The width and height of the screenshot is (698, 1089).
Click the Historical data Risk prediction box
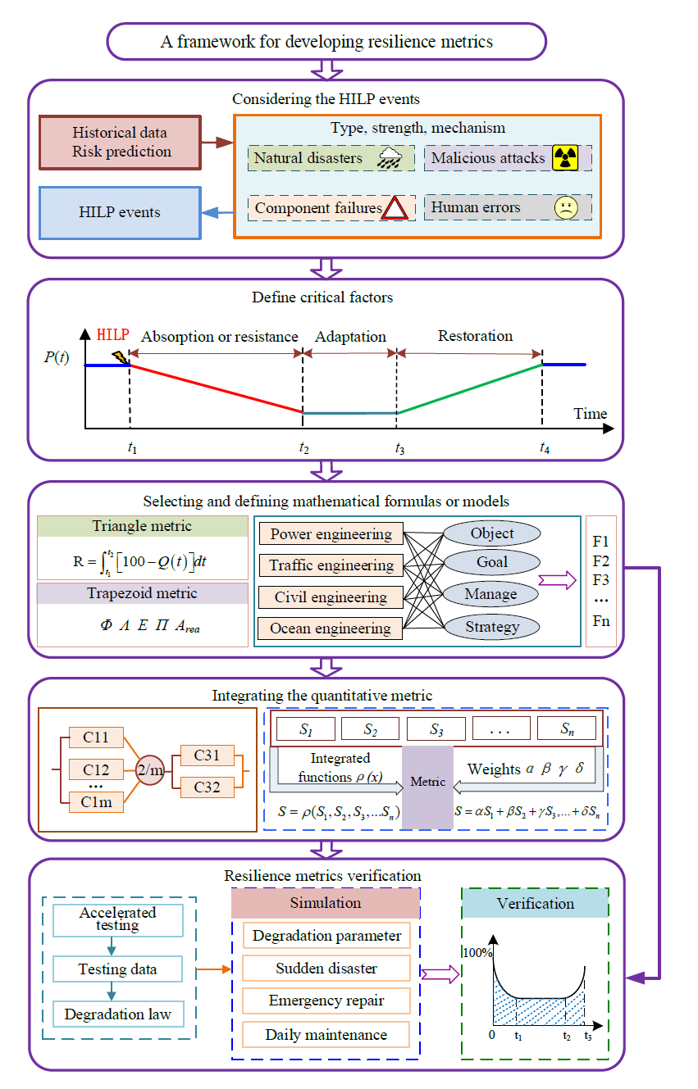click(120, 142)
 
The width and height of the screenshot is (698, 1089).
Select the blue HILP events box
click(120, 212)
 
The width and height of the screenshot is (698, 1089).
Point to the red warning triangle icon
click(395, 208)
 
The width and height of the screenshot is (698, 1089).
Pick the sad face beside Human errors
click(565, 207)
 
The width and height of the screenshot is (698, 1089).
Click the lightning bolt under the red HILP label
click(120, 356)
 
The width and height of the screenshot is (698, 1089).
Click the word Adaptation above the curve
click(350, 337)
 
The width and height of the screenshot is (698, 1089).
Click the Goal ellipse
click(492, 563)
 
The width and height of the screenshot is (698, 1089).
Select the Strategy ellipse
click(492, 628)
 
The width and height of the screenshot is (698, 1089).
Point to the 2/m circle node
click(150, 770)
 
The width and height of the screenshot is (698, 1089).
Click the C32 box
click(206, 787)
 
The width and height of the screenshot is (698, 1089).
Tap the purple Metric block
click(427, 783)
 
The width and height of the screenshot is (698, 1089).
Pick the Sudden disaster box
click(326, 969)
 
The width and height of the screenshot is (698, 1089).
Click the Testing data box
click(118, 969)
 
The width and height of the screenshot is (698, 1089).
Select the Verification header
click(535, 904)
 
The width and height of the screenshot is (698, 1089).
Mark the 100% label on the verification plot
click(477, 953)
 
